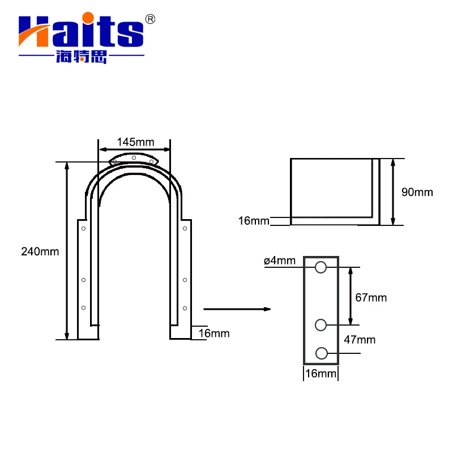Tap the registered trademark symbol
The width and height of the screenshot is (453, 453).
(x=150, y=19)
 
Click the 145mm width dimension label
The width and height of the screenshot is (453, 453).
(x=134, y=141)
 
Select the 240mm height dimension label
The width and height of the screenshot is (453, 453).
(x=40, y=251)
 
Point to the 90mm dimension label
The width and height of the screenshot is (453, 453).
(x=417, y=192)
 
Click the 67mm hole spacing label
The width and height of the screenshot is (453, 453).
(x=371, y=297)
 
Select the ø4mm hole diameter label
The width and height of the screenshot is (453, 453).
(x=279, y=260)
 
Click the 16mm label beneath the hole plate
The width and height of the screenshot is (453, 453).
(x=320, y=373)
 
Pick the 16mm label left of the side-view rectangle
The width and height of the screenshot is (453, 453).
(x=253, y=221)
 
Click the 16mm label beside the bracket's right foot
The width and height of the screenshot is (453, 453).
(x=213, y=333)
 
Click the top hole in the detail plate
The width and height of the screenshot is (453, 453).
(x=321, y=267)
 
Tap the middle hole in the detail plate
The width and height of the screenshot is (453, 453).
(x=321, y=324)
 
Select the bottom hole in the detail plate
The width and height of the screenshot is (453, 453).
(x=321, y=353)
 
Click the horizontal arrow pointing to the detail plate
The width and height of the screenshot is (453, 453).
(x=237, y=309)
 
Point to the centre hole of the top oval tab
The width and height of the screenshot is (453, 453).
(x=134, y=157)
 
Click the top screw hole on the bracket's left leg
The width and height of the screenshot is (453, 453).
(x=83, y=229)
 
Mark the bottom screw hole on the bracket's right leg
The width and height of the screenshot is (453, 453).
(x=185, y=308)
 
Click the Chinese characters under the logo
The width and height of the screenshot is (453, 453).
(x=82, y=57)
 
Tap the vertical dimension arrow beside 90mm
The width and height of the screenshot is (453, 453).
(x=394, y=192)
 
